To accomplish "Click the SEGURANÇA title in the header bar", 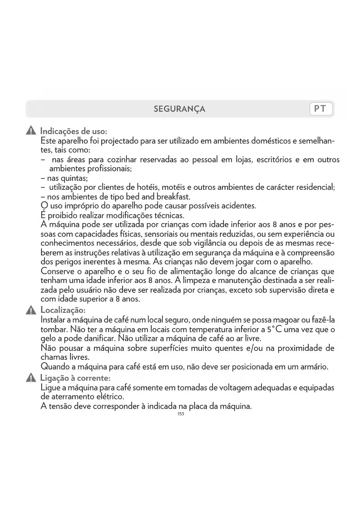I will pos(179,109).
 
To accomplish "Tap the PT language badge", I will pos(321,109).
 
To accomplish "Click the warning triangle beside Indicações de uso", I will pos(31,131).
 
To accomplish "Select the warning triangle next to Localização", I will pos(31,310).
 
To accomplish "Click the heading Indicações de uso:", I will pos(74,131).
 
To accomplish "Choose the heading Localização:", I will pos(63,310).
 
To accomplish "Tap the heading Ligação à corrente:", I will pos(75,378).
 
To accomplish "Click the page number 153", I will pos(181,414).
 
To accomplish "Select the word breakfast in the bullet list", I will pos(173,197).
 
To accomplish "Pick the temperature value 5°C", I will pos(274,329).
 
